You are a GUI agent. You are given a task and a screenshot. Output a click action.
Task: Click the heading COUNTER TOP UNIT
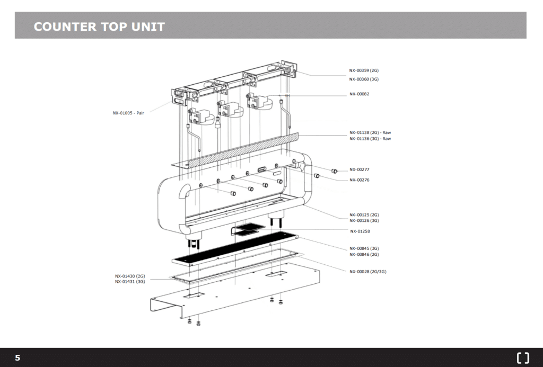99,26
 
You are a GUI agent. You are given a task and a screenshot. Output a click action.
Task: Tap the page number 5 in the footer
17,358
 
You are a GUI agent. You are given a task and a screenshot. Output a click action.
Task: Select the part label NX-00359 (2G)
364,70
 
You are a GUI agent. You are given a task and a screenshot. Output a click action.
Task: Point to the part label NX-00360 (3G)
364,79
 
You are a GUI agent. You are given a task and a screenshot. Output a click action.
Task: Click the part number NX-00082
359,94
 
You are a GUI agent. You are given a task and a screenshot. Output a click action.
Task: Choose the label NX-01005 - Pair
128,113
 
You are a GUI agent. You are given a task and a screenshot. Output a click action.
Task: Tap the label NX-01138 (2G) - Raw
370,132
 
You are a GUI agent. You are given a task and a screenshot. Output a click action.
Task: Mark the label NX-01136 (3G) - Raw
370,139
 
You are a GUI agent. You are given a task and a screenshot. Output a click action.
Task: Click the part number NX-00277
359,169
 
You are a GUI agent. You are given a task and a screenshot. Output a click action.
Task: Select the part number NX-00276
359,180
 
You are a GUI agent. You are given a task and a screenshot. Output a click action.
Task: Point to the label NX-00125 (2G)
364,215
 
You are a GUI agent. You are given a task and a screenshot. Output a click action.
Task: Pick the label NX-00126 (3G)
364,220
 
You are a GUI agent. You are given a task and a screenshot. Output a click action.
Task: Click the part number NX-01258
360,231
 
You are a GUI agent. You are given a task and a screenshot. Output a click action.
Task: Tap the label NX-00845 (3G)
364,248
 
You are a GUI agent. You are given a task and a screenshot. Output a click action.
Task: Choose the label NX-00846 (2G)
364,254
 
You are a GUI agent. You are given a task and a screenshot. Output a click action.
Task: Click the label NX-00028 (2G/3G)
367,272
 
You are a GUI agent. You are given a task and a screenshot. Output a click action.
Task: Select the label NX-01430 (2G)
130,276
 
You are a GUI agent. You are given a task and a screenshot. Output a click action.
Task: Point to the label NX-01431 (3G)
130,282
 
